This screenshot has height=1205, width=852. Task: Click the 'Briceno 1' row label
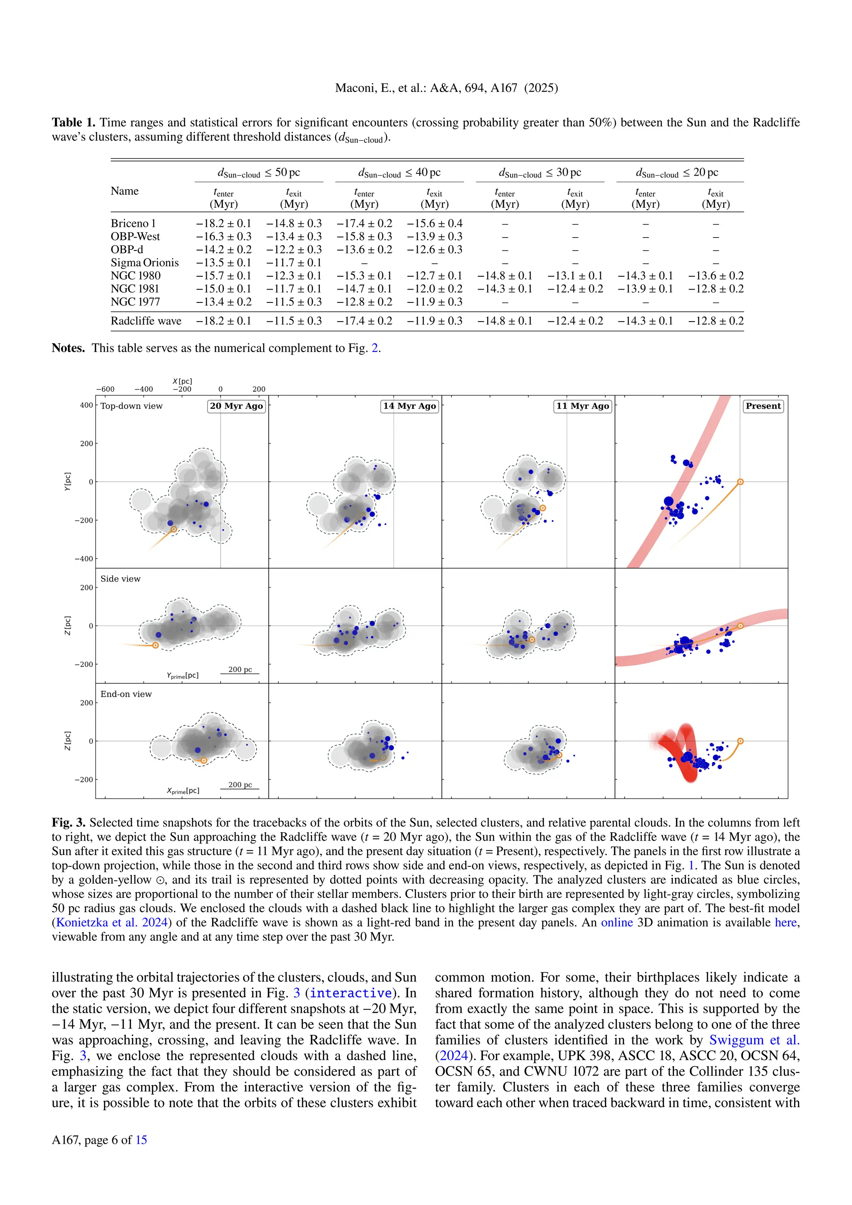pyautogui.click(x=133, y=223)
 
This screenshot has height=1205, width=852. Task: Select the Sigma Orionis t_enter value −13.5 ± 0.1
pyautogui.click(x=223, y=263)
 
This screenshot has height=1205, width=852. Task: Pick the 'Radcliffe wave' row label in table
pyautogui.click(x=146, y=321)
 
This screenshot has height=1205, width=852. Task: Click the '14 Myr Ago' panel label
pyautogui.click(x=409, y=406)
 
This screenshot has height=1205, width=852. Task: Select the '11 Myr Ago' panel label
pyautogui.click(x=582, y=406)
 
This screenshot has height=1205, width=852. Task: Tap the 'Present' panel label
pyautogui.click(x=763, y=406)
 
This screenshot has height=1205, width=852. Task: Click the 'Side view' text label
pyautogui.click(x=120, y=578)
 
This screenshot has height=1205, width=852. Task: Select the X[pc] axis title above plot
pyautogui.click(x=182, y=381)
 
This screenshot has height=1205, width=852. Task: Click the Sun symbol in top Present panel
pyautogui.click(x=740, y=482)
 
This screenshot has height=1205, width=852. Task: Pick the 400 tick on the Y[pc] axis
pyautogui.click(x=86, y=405)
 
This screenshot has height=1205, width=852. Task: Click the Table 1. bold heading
pyautogui.click(x=74, y=122)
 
